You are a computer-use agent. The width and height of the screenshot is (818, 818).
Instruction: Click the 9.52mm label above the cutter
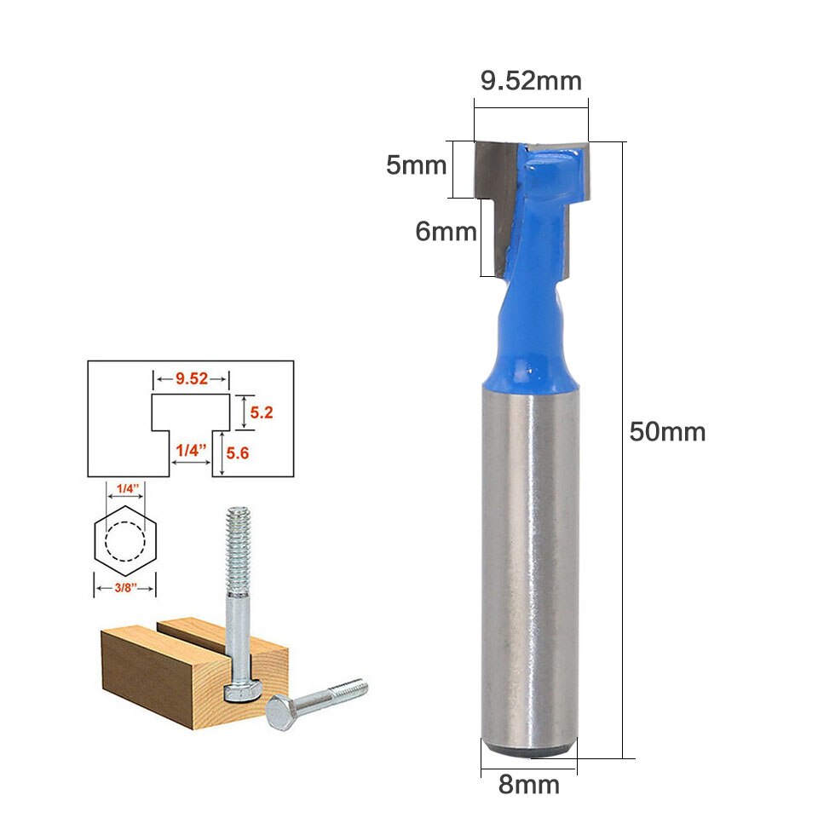click(x=531, y=81)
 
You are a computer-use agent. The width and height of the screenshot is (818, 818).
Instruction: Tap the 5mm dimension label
click(x=416, y=164)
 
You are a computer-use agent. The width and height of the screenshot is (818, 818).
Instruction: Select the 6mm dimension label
click(x=446, y=231)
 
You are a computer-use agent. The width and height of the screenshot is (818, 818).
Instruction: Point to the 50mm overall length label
click(x=667, y=432)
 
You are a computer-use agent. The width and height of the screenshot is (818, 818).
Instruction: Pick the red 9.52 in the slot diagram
click(x=192, y=379)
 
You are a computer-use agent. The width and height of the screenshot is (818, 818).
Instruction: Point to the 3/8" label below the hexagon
click(x=124, y=588)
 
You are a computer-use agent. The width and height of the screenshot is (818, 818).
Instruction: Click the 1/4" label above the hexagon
click(x=125, y=488)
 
